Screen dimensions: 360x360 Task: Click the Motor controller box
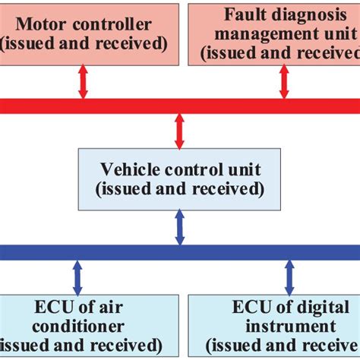click(90, 33)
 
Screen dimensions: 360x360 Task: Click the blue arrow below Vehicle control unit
click(180, 228)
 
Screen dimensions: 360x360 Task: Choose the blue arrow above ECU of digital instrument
click(289, 277)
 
